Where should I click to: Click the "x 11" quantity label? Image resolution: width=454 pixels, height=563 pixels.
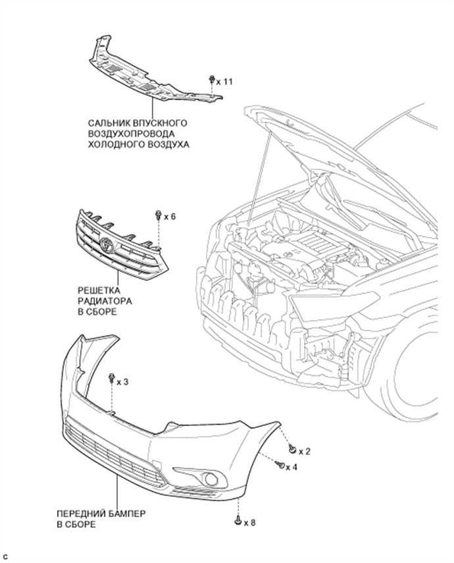(224, 82)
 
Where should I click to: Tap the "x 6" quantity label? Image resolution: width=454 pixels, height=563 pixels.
(170, 217)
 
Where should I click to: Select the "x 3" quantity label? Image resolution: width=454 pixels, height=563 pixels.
(122, 382)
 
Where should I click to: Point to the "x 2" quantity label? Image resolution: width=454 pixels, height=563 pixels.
(305, 451)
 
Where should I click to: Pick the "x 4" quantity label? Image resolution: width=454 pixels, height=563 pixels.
(291, 467)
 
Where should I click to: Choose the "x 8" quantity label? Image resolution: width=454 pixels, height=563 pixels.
(250, 523)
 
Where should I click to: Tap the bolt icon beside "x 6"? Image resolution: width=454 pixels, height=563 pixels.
(159, 215)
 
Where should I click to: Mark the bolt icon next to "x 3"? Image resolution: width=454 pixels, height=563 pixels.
(112, 378)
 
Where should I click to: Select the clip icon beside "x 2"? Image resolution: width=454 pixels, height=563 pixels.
(292, 448)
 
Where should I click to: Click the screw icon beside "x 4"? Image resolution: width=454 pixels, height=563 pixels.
(280, 465)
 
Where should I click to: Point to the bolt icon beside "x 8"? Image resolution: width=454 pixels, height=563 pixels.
(238, 520)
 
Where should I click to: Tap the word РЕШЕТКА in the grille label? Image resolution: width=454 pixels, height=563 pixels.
(99, 290)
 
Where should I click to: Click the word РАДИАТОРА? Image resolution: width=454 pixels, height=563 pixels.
(105, 301)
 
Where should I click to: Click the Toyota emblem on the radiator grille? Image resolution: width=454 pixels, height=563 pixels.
(107, 244)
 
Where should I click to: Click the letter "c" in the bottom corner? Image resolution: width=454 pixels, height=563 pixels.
(5, 557)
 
